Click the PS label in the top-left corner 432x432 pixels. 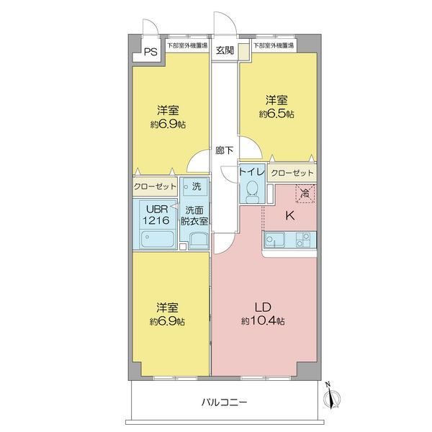[150, 52]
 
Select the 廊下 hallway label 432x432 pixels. [225, 150]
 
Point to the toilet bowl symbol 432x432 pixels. [252, 189]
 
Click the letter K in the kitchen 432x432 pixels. [289, 215]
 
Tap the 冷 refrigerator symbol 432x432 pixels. [305, 192]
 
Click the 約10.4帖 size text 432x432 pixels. [262, 320]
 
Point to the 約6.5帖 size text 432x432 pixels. [277, 114]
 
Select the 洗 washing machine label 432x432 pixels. [195, 186]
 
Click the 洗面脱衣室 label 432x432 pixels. [195, 216]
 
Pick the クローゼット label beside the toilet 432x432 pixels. [293, 174]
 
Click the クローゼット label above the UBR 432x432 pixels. [155, 186]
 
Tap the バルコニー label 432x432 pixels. [225, 403]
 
